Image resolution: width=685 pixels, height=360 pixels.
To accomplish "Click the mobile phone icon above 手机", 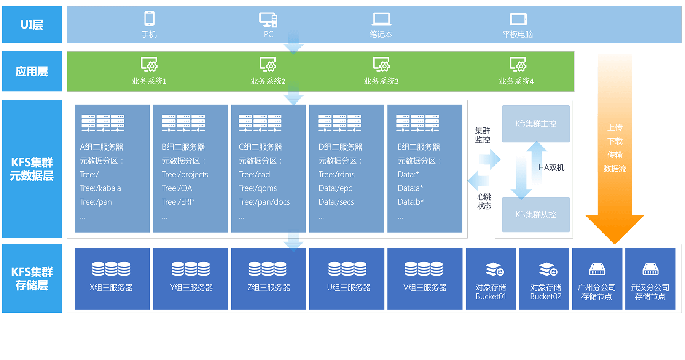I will (149, 18).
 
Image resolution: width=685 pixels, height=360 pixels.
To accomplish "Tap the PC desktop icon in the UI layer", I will (268, 19).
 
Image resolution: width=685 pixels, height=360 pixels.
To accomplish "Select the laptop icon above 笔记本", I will (381, 19).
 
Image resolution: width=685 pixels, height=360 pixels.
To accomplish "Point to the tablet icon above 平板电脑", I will (518, 19).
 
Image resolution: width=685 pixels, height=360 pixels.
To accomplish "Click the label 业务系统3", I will (381, 81).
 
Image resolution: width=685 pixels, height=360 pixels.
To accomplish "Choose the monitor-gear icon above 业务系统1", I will (149, 64).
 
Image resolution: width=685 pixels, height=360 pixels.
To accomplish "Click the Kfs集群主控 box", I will (535, 124).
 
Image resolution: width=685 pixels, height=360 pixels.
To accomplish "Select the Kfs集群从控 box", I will (535, 214).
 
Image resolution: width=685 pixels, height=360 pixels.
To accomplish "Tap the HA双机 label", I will (551, 168).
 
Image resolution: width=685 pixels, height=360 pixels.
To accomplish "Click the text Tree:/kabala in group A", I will (100, 188).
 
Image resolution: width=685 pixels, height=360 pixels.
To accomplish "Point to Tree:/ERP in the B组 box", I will (178, 202).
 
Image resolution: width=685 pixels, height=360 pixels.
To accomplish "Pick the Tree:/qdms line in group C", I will (258, 188).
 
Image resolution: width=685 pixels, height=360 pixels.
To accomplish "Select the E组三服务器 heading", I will (419, 147).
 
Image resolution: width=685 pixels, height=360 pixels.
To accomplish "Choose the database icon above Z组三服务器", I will (268, 269).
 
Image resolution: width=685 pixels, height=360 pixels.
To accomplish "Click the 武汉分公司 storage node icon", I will (650, 269).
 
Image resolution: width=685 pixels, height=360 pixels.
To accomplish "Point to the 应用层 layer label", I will (32, 72).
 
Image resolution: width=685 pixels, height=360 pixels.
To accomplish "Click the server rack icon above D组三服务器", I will (339, 123).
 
